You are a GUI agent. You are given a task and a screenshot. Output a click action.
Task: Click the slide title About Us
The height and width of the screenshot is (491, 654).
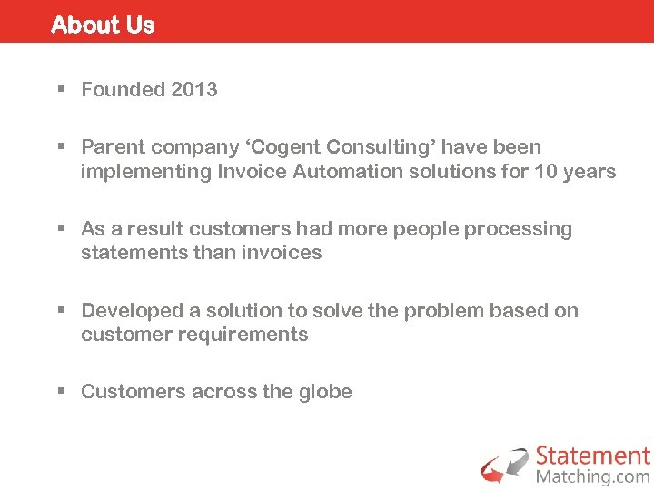click(103, 25)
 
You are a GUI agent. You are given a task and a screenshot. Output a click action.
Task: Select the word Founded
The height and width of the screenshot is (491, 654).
click(122, 89)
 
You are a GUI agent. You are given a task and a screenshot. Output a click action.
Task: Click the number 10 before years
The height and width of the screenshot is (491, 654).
click(548, 171)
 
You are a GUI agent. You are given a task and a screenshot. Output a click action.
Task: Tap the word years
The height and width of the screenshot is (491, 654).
click(590, 171)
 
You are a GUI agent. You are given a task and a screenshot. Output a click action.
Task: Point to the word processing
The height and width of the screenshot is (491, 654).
click(519, 229)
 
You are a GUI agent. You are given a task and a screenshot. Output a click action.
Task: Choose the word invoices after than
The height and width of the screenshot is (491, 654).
click(282, 253)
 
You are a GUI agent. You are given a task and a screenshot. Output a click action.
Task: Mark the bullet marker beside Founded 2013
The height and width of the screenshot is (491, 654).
click(62, 90)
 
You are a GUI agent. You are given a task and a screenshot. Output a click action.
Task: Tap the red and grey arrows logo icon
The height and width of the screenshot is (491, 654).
click(504, 465)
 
